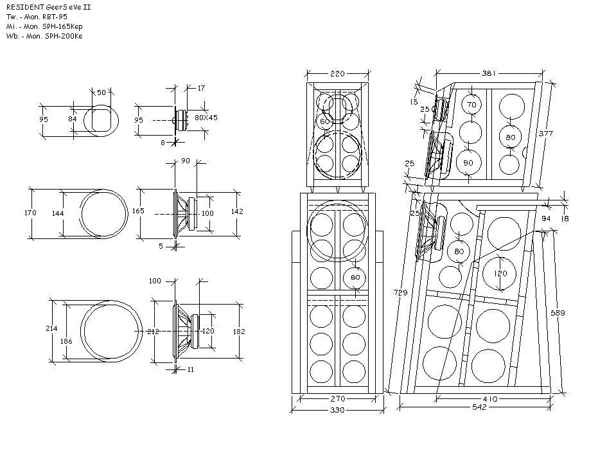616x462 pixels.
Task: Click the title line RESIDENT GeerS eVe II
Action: click(x=49, y=7)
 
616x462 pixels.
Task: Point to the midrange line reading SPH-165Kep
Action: click(x=62, y=26)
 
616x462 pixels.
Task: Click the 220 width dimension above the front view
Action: click(x=337, y=73)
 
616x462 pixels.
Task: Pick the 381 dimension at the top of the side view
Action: click(x=489, y=73)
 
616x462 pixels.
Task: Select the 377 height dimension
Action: click(x=546, y=133)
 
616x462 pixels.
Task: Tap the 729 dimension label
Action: click(x=400, y=292)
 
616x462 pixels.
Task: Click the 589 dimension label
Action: click(x=558, y=313)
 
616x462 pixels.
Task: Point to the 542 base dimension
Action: click(x=479, y=407)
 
